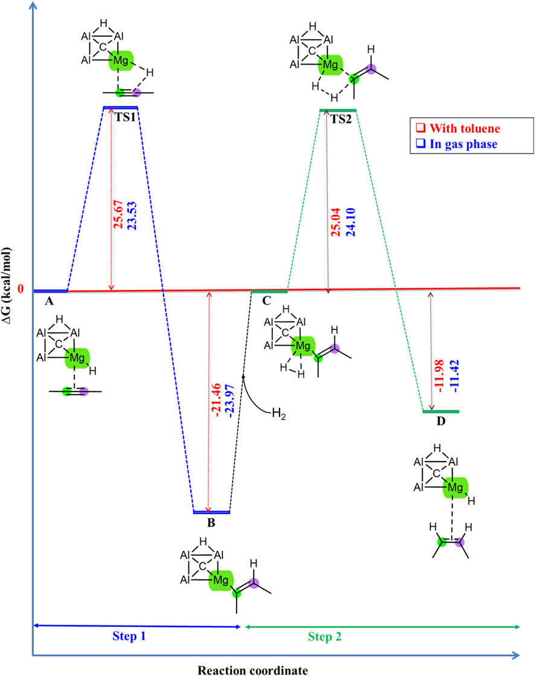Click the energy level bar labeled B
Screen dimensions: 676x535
(x=211, y=512)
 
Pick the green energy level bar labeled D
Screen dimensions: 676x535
(x=440, y=412)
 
